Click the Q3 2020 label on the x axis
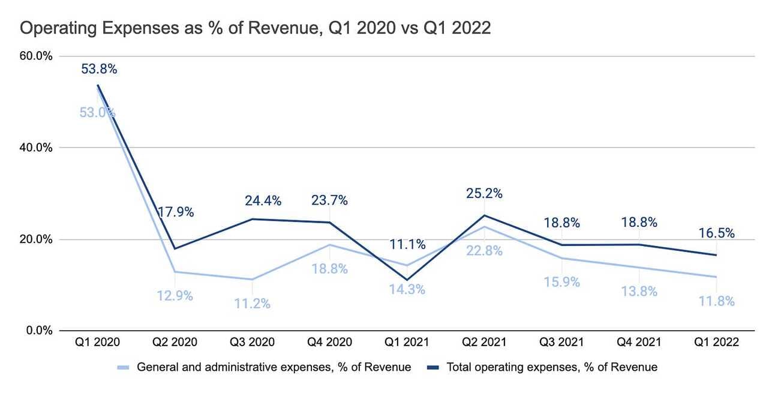click(x=252, y=343)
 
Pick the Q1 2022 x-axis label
click(x=716, y=343)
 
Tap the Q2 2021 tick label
click(x=484, y=343)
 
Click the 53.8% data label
click(x=99, y=69)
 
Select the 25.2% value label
click(x=484, y=194)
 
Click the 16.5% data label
click(x=716, y=233)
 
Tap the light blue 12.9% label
click(x=175, y=296)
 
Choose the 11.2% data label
click(x=252, y=304)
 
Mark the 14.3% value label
click(x=407, y=289)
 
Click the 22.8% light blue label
click(x=484, y=251)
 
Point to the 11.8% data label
click(x=716, y=301)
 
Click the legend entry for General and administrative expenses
click(x=264, y=367)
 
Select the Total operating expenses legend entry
click(x=543, y=367)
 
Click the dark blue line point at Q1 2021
click(x=407, y=280)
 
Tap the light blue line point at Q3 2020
click(x=252, y=280)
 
